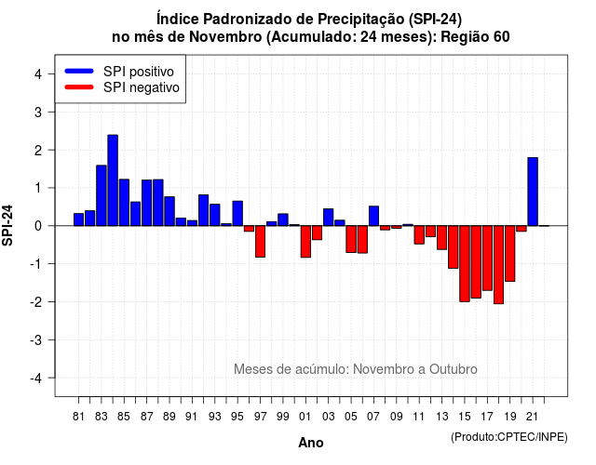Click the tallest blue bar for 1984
[113, 180]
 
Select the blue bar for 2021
[533, 192]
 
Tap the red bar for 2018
[499, 264]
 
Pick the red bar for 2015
[465, 264]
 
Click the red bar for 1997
[260, 242]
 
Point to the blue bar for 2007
[373, 216]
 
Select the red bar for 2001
[305, 242]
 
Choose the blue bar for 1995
[237, 213]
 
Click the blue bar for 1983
[102, 195]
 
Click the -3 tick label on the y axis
[35, 339]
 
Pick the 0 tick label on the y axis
[37, 226]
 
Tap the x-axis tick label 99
[283, 417]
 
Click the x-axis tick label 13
[441, 417]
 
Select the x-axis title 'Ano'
[311, 443]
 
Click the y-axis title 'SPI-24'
[7, 225]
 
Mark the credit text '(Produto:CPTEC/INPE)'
[509, 437]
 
